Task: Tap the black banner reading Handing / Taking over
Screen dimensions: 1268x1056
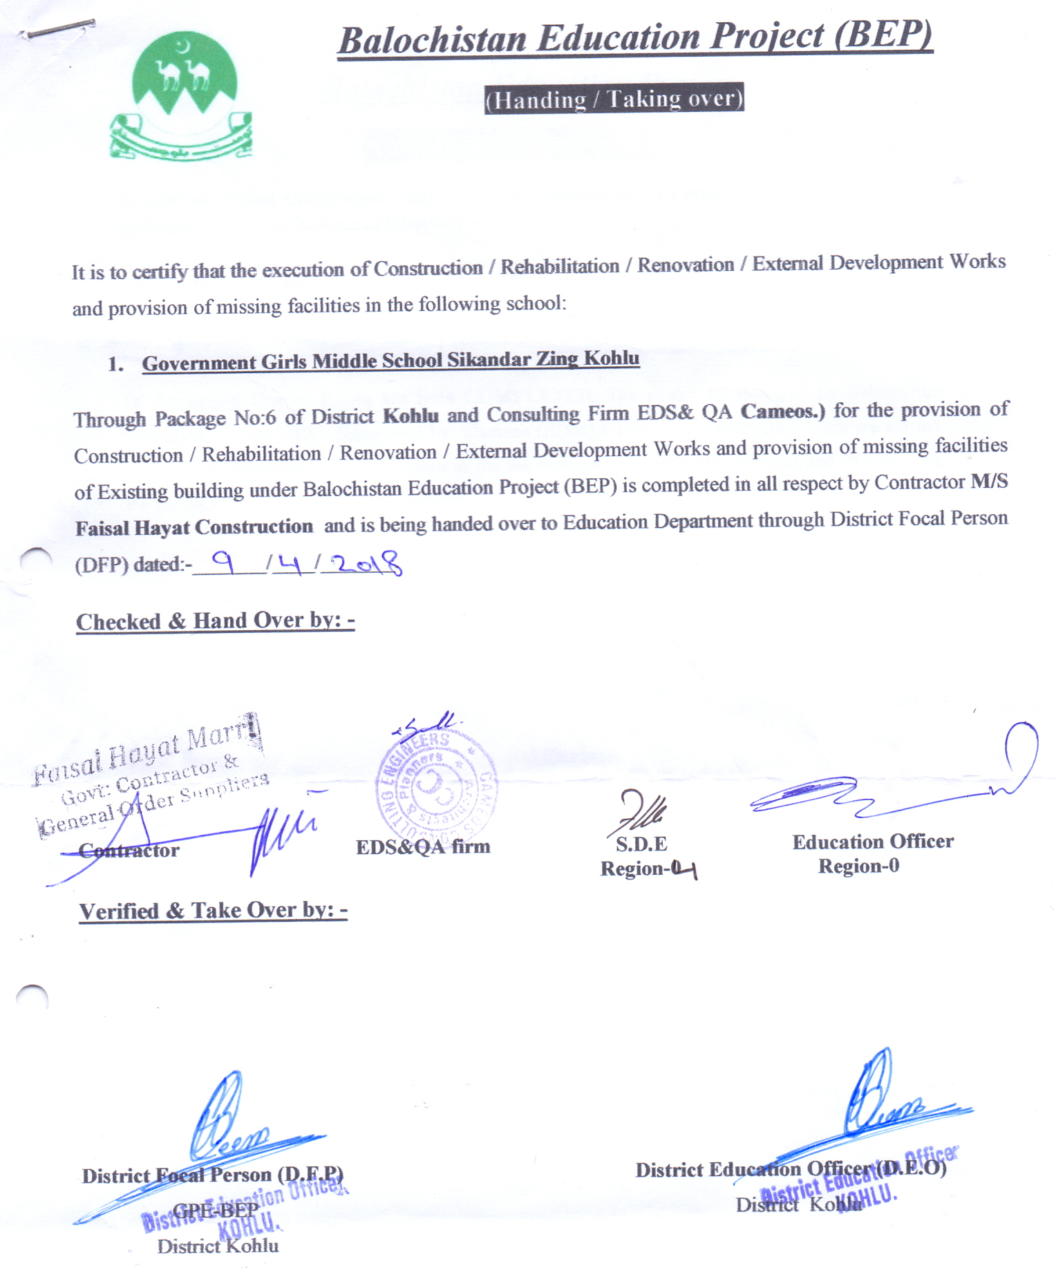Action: click(614, 99)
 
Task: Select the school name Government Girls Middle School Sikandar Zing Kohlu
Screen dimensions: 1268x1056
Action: click(390, 361)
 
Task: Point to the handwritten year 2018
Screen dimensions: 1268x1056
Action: click(366, 564)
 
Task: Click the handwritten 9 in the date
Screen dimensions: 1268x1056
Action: click(223, 561)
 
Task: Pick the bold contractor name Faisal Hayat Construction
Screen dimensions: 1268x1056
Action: click(194, 527)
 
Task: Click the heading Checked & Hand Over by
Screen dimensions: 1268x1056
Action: click(215, 621)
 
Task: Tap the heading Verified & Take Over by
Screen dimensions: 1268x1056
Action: click(213, 911)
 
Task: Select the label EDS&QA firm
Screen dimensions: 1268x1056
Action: click(423, 846)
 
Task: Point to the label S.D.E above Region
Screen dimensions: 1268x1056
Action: click(641, 844)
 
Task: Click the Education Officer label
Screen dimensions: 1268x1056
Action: click(873, 842)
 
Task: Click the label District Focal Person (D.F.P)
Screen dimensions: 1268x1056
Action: click(212, 1175)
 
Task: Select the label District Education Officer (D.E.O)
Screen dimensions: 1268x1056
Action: click(791, 1169)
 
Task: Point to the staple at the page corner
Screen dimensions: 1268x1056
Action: click(58, 28)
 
